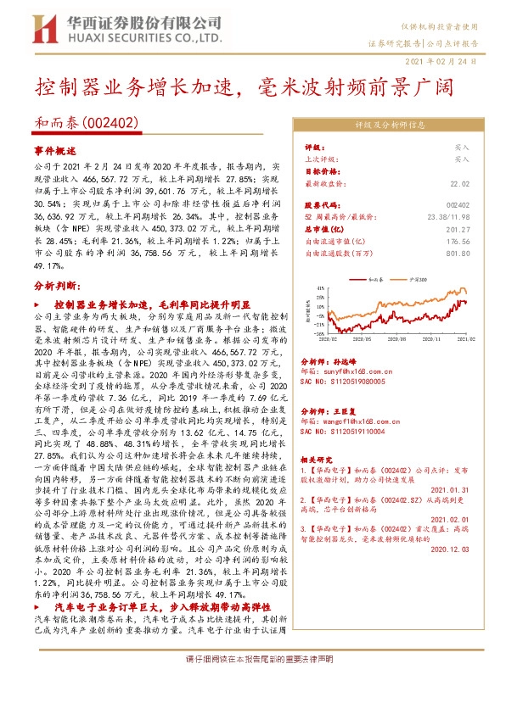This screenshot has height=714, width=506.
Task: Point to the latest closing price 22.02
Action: point(458,184)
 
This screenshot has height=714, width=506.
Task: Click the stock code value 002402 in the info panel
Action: point(457,204)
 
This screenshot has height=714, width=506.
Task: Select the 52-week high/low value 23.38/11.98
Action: point(448,215)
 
